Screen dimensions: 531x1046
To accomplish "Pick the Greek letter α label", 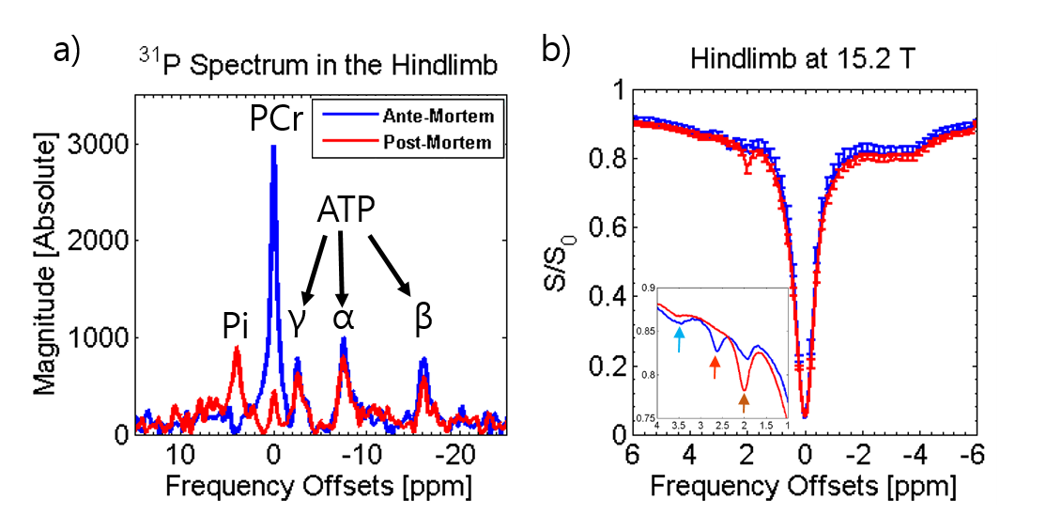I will pos(343,320).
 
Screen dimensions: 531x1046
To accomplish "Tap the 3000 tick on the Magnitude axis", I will pos(105,144).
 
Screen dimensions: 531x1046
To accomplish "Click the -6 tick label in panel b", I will pos(972,457).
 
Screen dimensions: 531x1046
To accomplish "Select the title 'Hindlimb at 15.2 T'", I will pos(804,59).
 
